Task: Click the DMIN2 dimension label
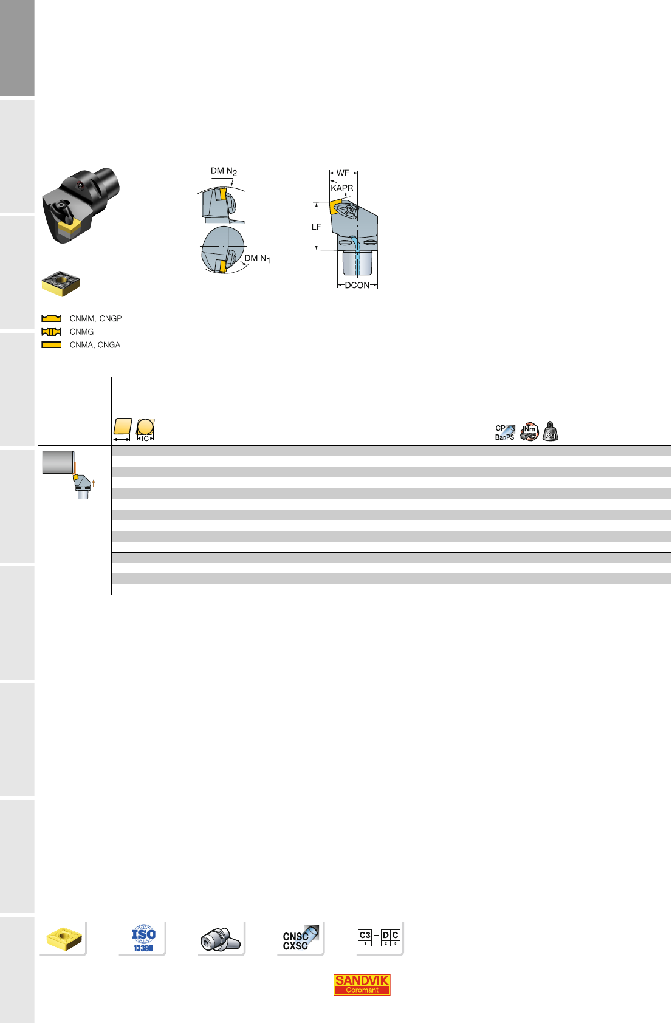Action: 224,171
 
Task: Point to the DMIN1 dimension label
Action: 257,259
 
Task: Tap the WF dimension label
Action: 343,173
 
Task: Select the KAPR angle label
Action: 341,188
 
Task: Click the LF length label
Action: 316,227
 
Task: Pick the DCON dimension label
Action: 357,285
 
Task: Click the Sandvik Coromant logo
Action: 362,985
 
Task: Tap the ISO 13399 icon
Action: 143,939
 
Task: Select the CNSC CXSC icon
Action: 300,938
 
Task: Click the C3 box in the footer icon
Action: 365,937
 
